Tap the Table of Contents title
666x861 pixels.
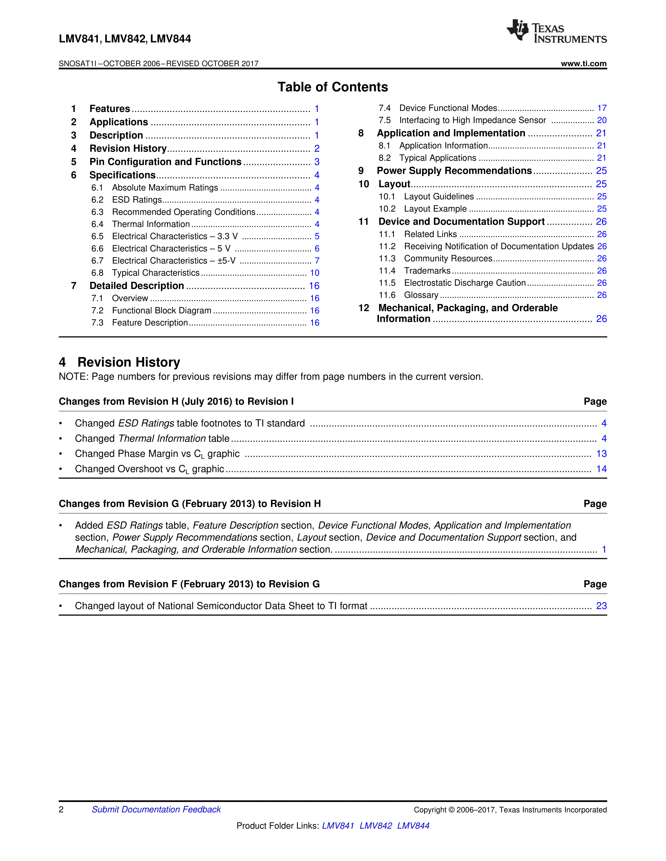332,87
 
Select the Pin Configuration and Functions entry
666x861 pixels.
165,162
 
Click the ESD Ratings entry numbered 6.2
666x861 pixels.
137,200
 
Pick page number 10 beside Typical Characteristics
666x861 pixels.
314,273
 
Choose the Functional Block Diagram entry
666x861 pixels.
161,311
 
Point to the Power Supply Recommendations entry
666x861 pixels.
454,171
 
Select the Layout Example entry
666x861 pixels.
435,209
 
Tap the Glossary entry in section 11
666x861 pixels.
421,295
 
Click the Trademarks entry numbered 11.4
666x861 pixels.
427,271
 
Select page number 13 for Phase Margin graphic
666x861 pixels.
601,454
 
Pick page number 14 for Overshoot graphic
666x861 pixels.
601,469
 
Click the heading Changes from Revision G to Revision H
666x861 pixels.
190,504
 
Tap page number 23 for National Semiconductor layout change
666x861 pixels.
601,606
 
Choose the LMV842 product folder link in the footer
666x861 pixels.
376,826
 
